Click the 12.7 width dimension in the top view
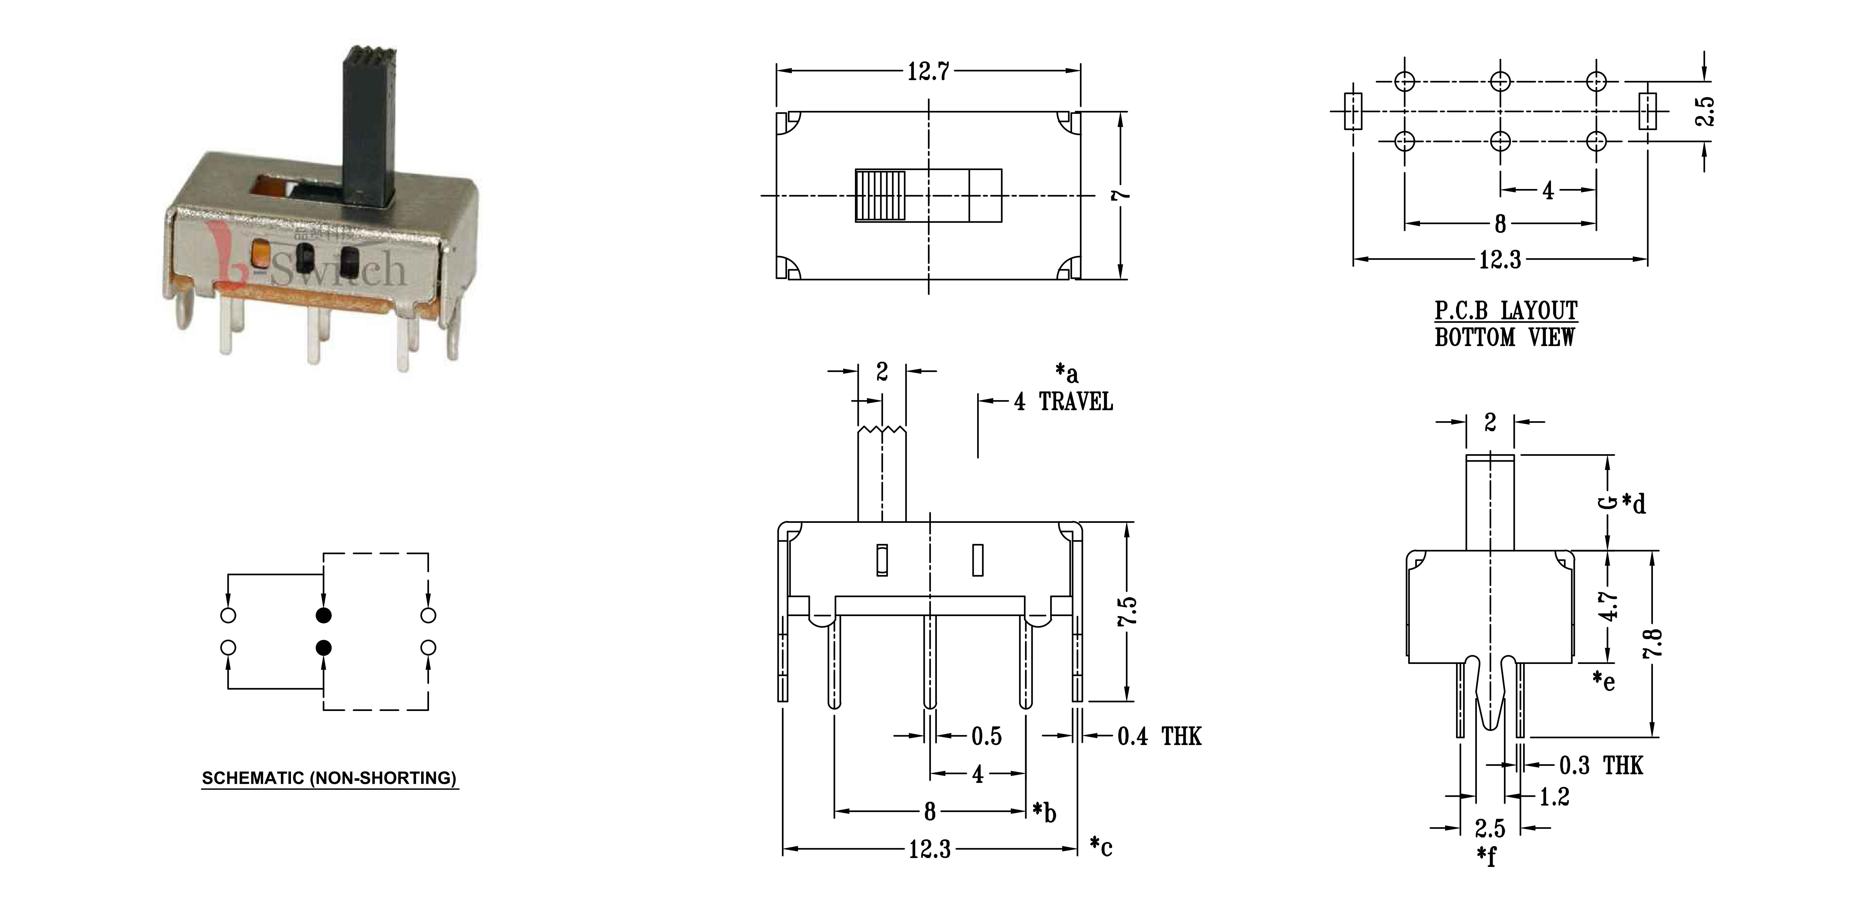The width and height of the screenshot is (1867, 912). (x=928, y=72)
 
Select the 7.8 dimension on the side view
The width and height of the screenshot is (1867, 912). (x=1653, y=643)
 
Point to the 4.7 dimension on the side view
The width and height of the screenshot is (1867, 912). (x=1608, y=606)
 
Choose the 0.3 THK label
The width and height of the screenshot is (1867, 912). (x=1601, y=765)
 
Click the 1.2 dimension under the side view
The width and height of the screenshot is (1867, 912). (x=1554, y=797)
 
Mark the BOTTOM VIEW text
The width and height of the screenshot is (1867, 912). (x=1505, y=337)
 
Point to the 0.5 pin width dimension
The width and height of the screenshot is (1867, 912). (x=986, y=737)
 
